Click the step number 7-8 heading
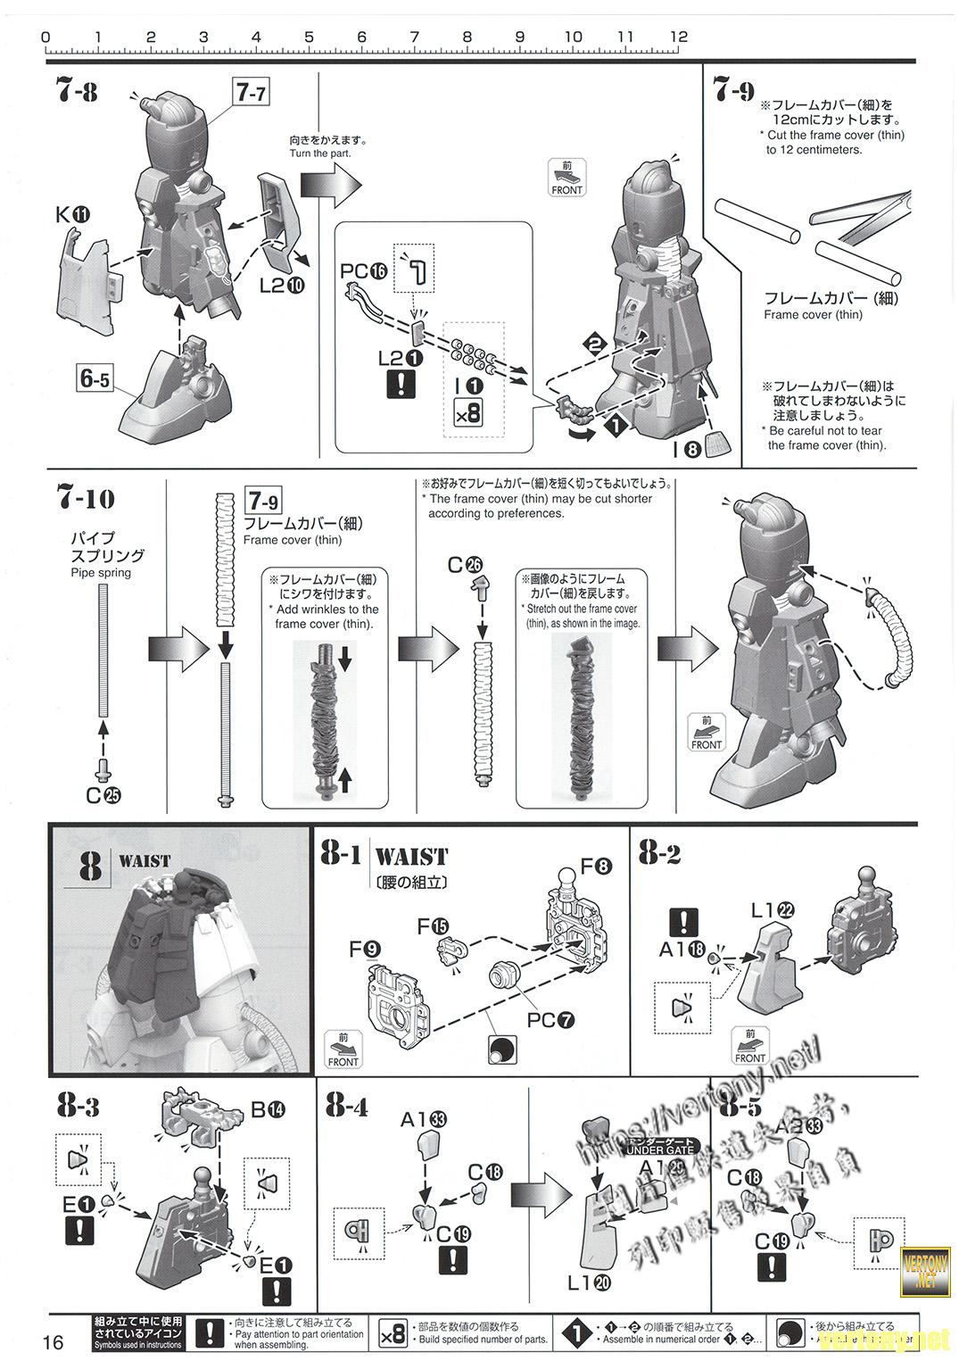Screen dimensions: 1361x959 (77, 91)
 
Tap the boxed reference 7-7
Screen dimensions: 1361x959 (251, 93)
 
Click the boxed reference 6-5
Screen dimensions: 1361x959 (95, 378)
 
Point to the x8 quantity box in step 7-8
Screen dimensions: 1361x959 (467, 412)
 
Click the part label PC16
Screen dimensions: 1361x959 (365, 270)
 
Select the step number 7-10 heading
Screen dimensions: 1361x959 (86, 498)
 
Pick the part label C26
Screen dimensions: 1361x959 (465, 564)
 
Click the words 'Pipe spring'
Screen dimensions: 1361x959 (101, 572)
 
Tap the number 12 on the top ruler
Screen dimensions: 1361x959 (679, 37)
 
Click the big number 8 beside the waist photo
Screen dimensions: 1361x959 (90, 865)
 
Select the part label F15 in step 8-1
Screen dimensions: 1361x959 (434, 926)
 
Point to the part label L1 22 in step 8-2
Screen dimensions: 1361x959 (773, 911)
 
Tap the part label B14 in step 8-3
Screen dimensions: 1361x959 (268, 1109)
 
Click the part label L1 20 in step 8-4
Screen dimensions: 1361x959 (590, 1282)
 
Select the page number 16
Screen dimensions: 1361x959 (54, 1341)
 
